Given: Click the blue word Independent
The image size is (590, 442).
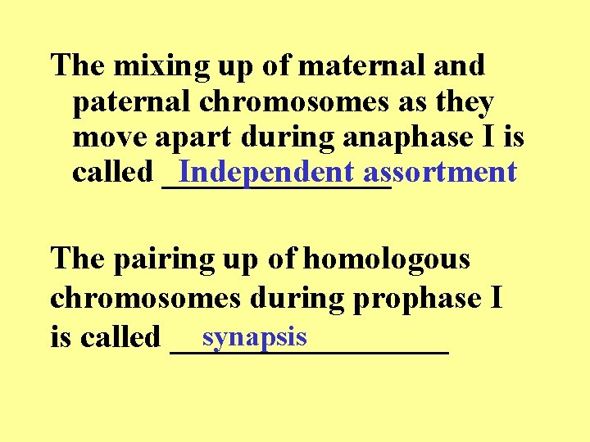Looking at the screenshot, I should [266, 172].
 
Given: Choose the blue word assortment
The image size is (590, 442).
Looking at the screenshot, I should [440, 172].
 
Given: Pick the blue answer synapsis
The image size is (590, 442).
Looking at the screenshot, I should [255, 336].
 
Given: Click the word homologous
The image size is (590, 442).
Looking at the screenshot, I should [386, 259].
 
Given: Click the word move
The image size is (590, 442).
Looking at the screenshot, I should [103, 137].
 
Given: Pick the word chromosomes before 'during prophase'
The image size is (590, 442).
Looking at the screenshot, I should [145, 299].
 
